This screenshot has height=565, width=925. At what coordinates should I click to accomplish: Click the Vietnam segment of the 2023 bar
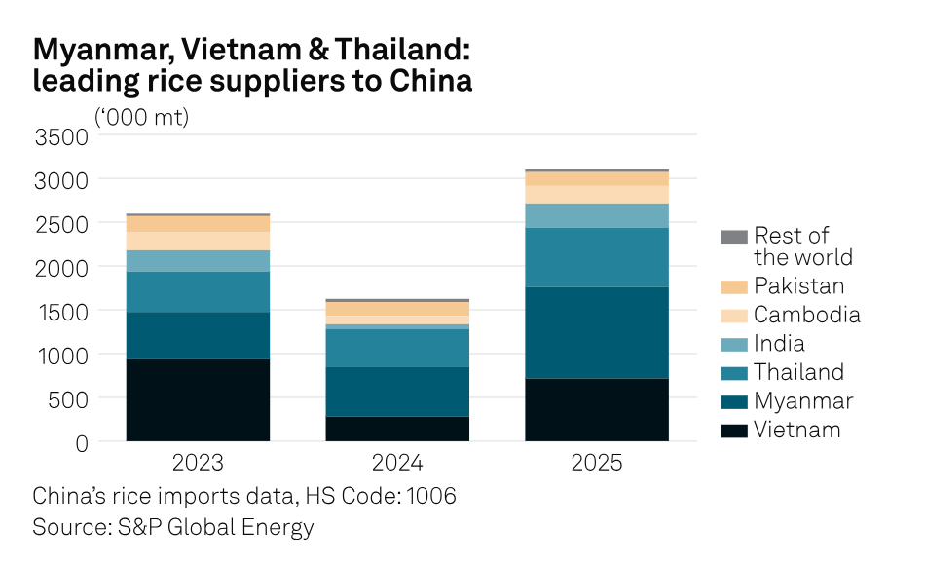[x=198, y=399]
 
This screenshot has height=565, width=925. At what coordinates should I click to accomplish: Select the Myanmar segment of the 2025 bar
[x=596, y=332]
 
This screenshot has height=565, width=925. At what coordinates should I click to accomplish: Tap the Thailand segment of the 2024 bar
[x=397, y=348]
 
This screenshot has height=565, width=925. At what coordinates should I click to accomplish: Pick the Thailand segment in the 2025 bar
[x=596, y=257]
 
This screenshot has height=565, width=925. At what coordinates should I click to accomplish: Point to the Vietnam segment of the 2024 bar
[x=397, y=429]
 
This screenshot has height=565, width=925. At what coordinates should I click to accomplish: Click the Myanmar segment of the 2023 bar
[x=198, y=335]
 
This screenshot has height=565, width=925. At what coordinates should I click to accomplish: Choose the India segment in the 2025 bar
[x=596, y=215]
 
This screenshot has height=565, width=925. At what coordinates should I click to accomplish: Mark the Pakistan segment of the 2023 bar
[x=198, y=223]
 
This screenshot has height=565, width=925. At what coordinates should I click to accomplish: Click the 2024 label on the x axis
[x=397, y=462]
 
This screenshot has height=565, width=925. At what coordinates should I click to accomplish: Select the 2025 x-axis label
[x=596, y=462]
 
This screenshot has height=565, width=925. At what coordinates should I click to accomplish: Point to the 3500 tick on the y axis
[x=61, y=136]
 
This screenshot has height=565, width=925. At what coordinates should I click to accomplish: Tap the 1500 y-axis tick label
[x=61, y=311]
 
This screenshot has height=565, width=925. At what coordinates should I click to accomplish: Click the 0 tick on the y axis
[x=81, y=442]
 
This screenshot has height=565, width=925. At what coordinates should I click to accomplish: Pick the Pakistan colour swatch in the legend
[x=734, y=286]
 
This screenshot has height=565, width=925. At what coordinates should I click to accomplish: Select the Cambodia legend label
[x=806, y=315]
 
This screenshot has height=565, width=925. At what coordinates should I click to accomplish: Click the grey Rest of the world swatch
[x=734, y=236]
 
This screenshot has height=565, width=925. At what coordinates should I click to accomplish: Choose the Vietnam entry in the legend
[x=796, y=430]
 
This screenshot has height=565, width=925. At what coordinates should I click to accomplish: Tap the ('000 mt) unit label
[x=142, y=117]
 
